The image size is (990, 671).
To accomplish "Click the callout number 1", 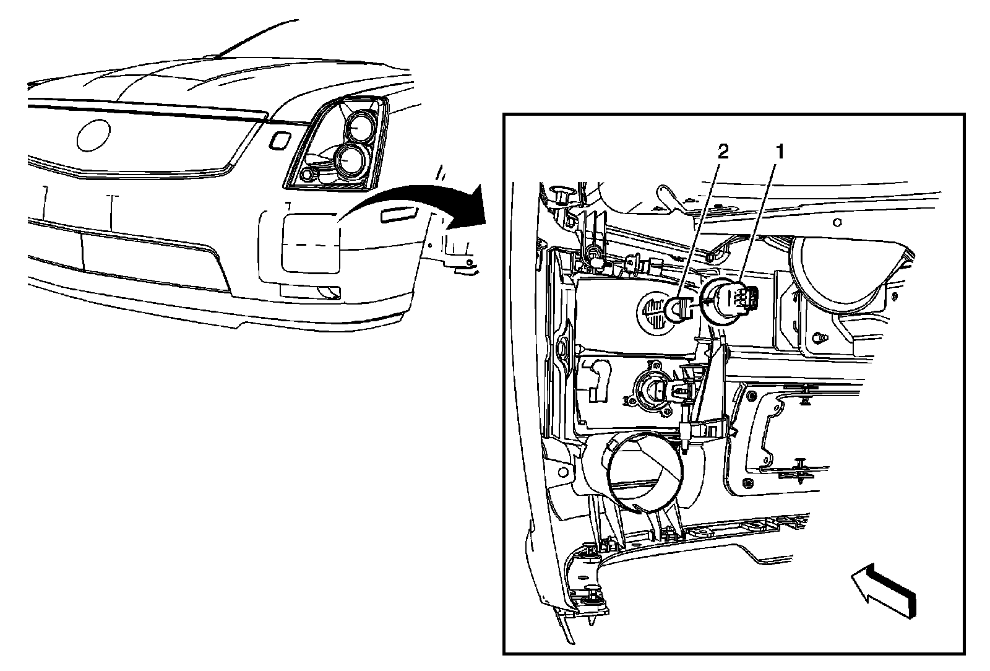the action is point(780,152).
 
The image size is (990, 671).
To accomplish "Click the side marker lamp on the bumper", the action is point(399,214).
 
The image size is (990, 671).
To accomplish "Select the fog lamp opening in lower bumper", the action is point(309,291).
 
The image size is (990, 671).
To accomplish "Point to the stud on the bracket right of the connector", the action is point(820,337).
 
